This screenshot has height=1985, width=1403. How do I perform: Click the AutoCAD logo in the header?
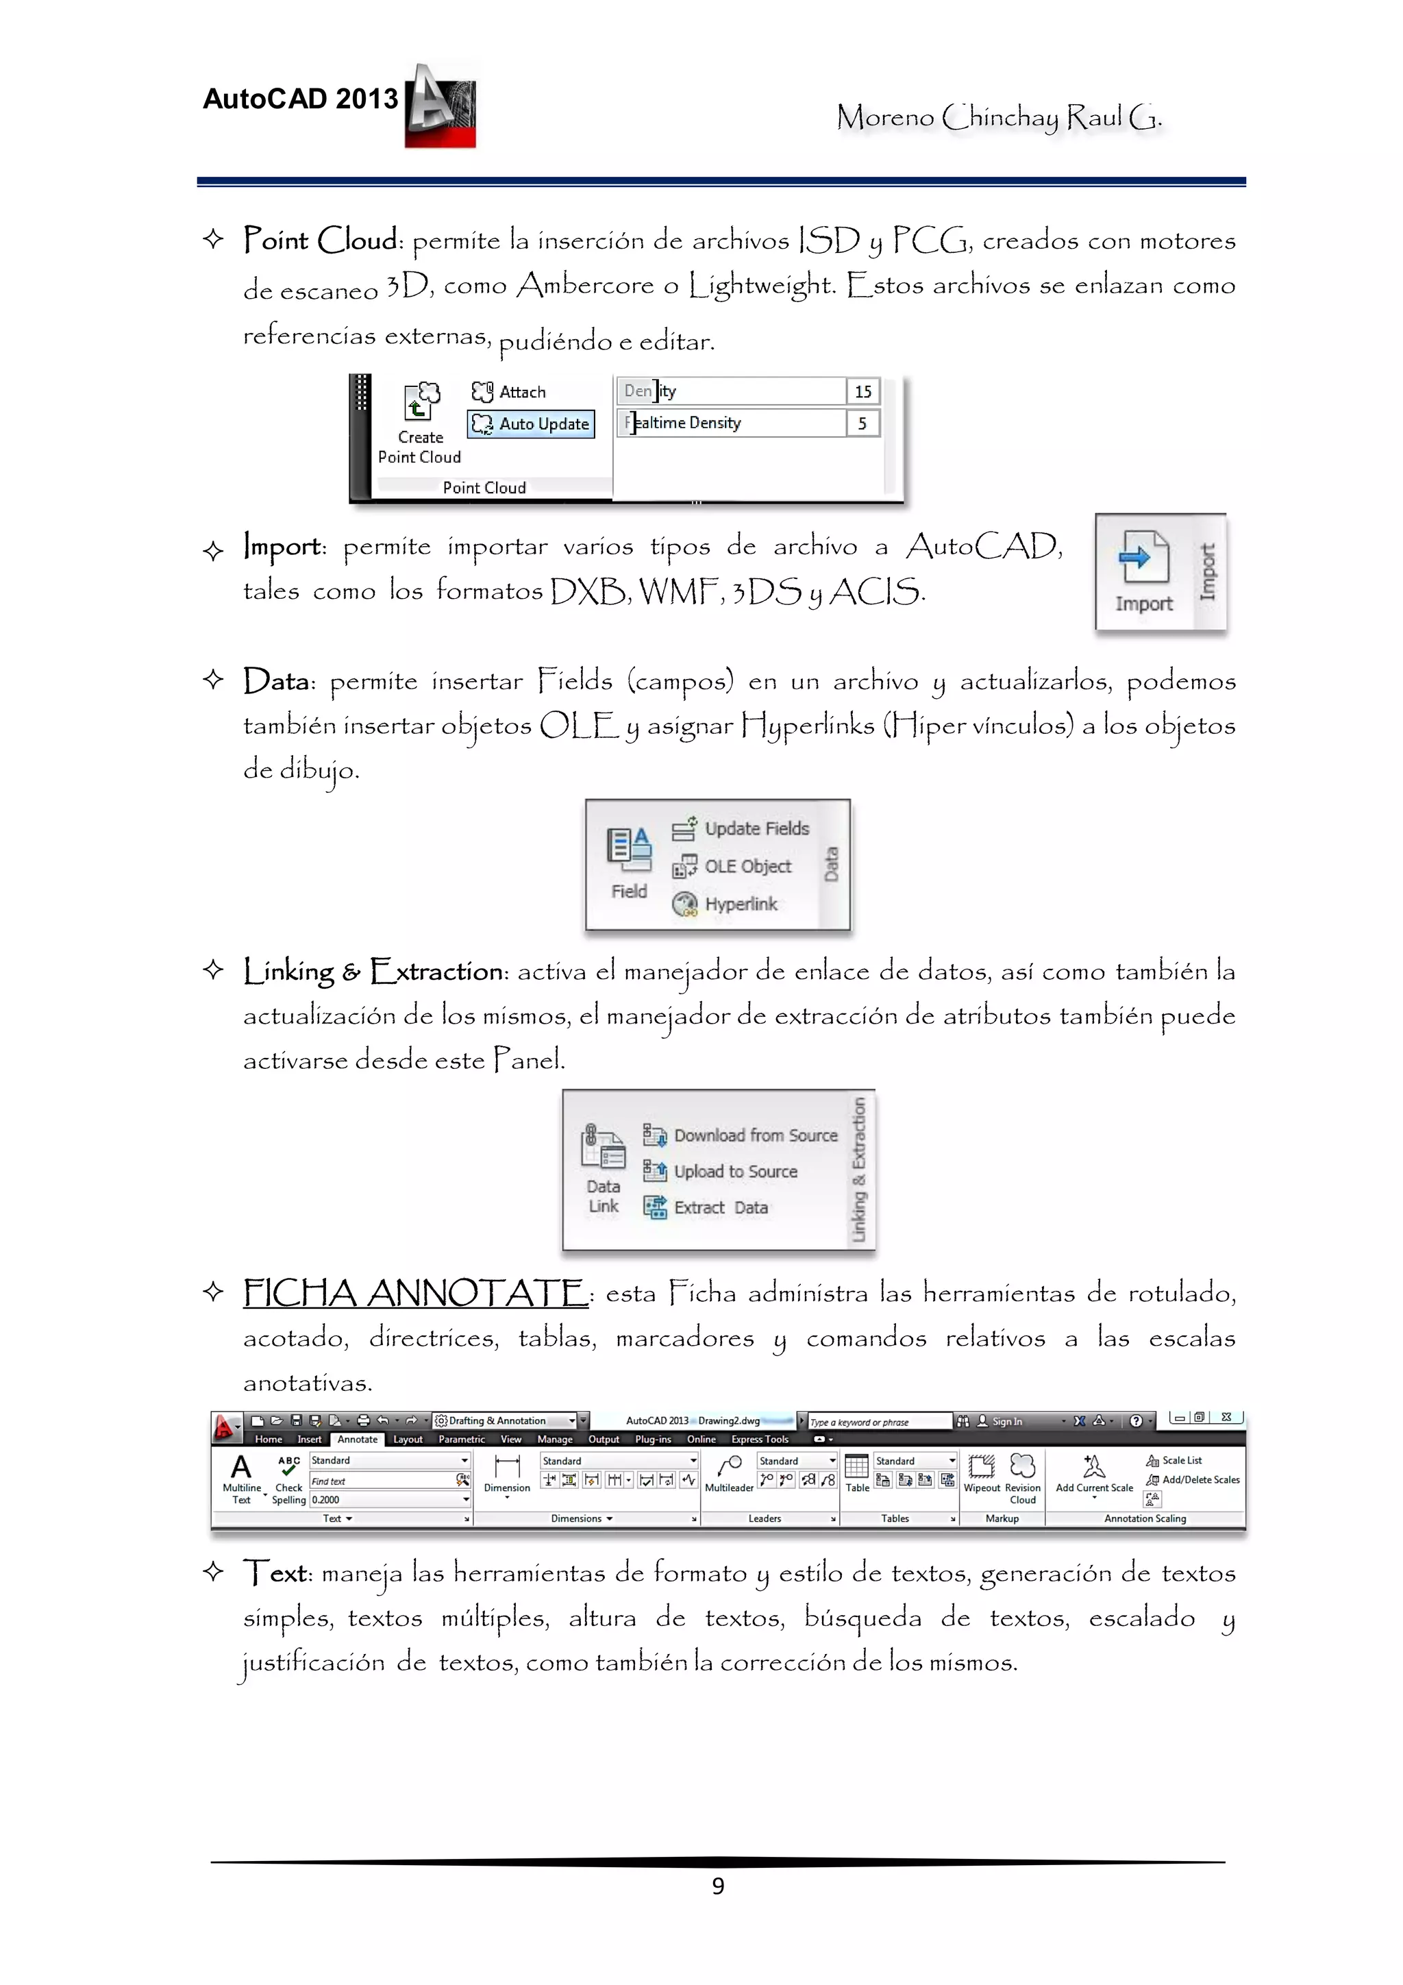pos(440,106)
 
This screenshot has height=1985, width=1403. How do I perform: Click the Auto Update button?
pos(532,423)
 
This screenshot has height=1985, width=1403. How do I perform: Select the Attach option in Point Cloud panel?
pos(510,392)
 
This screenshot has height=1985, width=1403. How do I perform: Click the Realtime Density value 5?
pos(862,423)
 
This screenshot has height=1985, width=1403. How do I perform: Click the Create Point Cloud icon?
pos(421,403)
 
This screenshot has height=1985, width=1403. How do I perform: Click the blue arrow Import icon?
pos(1143,558)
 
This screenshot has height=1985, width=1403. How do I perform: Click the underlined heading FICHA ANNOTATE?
pos(415,1294)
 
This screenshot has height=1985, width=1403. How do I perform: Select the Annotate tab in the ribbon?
pos(357,1440)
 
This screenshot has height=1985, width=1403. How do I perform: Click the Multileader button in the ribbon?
pos(729,1469)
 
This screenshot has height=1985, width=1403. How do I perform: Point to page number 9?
pos(717,1886)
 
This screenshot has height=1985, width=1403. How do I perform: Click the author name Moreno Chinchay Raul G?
pos(998,116)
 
